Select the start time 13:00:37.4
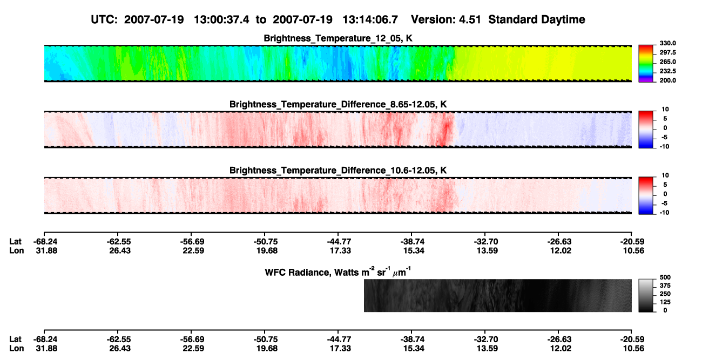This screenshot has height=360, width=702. [x=221, y=19]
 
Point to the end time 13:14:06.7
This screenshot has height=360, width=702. [x=370, y=19]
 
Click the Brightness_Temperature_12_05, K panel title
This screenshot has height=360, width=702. [x=338, y=38]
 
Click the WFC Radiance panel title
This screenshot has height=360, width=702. [x=338, y=271]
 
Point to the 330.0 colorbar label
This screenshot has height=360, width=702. [x=667, y=43]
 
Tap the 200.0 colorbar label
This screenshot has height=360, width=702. [x=667, y=80]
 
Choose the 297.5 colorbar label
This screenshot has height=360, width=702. [x=667, y=52]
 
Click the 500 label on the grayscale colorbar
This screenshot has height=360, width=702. [x=665, y=277]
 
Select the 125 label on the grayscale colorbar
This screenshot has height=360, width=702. [x=665, y=302]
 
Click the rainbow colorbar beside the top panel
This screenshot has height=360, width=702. [x=646, y=64]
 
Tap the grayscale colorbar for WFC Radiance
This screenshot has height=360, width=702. [x=646, y=295]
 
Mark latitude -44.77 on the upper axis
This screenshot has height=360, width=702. [x=339, y=242]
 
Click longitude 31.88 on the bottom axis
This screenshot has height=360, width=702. [x=46, y=349]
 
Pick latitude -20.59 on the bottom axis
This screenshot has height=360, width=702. [x=632, y=339]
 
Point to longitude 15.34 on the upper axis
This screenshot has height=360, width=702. [x=414, y=250]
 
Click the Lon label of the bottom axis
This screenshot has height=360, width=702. [x=16, y=349]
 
